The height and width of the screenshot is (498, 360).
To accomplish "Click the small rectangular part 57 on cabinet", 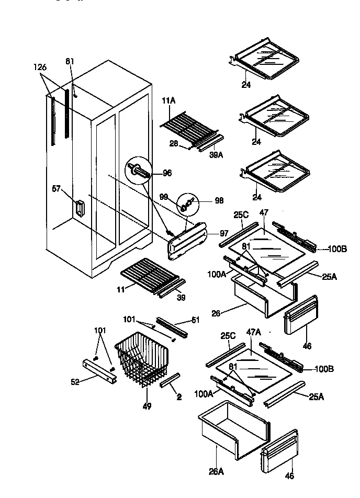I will click(79, 208).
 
